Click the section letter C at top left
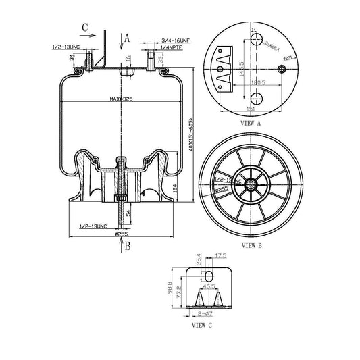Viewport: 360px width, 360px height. (x=84, y=28)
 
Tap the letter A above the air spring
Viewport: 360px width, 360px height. (x=127, y=38)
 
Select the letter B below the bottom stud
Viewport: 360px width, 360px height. (x=126, y=247)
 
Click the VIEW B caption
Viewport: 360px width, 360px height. (x=251, y=246)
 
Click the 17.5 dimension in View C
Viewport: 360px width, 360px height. (x=221, y=255)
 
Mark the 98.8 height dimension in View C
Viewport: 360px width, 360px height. (x=170, y=288)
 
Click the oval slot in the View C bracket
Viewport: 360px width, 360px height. (x=209, y=276)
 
